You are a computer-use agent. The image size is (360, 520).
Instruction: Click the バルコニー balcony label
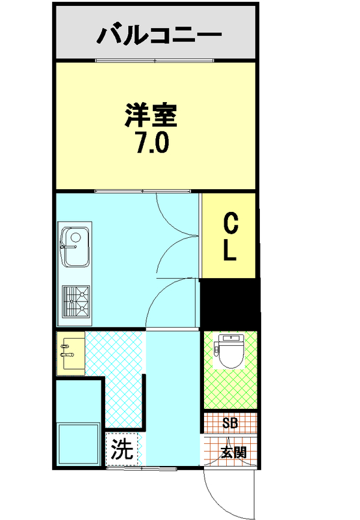click(159, 34)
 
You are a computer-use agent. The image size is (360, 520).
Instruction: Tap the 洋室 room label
click(151, 116)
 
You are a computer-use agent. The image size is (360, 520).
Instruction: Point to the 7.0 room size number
click(153, 142)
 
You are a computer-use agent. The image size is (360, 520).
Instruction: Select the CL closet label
click(230, 237)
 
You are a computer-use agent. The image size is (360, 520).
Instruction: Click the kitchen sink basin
click(75, 247)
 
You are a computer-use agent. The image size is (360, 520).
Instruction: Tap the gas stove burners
click(76, 301)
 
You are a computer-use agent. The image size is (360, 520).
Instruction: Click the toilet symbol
click(229, 351)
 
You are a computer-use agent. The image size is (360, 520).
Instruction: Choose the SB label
click(230, 423)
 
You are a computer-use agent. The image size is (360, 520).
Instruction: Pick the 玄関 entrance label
click(234, 452)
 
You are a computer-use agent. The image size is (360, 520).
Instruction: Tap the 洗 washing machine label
click(122, 449)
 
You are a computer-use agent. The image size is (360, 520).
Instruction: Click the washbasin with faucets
click(71, 353)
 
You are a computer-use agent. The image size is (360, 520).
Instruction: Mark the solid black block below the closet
click(230, 304)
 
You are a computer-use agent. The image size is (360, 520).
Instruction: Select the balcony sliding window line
click(155, 60)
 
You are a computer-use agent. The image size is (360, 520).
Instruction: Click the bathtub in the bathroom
click(79, 444)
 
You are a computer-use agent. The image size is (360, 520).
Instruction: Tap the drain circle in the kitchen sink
click(76, 237)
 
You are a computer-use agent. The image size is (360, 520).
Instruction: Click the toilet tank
click(229, 338)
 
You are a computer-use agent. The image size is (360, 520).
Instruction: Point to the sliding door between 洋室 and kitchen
click(143, 191)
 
